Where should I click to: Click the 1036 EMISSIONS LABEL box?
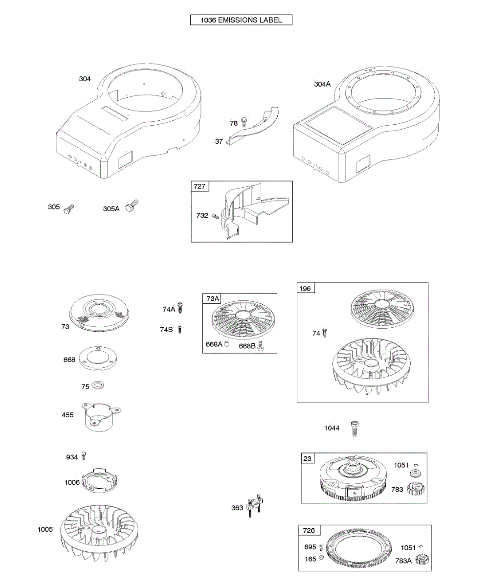click(241, 20)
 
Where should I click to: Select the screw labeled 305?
click(68, 209)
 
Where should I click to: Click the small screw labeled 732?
click(215, 216)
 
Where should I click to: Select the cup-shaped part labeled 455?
click(98, 416)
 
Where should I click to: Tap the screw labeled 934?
click(84, 456)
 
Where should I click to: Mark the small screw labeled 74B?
click(180, 329)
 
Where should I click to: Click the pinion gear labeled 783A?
click(422, 561)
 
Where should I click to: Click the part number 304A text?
click(322, 84)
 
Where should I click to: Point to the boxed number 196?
click(305, 289)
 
